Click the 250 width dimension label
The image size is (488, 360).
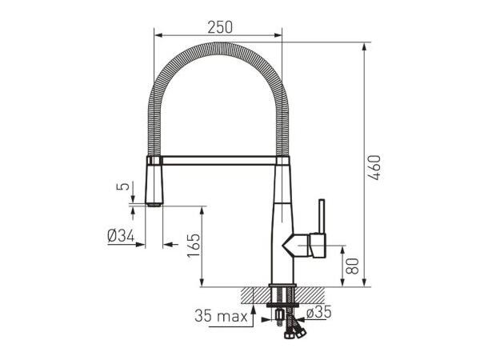click(x=220, y=27)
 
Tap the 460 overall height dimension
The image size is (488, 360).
click(x=374, y=167)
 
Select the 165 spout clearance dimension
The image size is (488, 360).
click(x=194, y=245)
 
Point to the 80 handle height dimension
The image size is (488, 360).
click(x=352, y=266)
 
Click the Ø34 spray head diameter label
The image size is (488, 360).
click(x=121, y=236)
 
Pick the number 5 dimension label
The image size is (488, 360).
click(x=122, y=186)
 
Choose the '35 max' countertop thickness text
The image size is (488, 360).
click(x=222, y=316)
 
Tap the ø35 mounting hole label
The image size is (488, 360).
click(x=318, y=312)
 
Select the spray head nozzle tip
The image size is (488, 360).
click(x=154, y=205)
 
